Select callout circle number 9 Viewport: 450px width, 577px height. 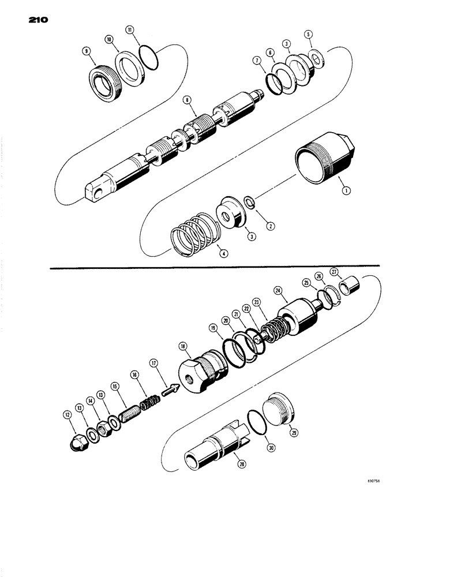click(x=87, y=51)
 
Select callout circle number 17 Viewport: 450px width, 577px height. click(x=154, y=363)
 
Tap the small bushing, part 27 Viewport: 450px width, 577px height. click(x=351, y=287)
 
